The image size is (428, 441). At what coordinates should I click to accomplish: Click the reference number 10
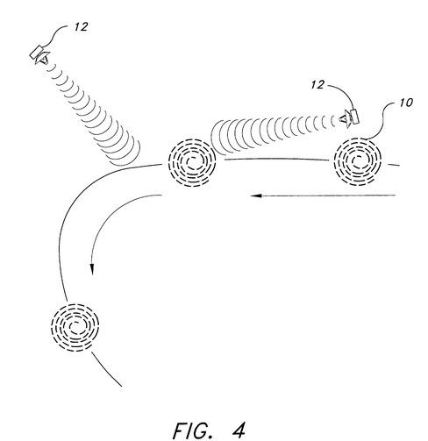coord(406,103)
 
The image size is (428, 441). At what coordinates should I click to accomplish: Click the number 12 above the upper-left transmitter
coord(81,27)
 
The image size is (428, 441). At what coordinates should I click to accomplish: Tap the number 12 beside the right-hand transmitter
coord(317,85)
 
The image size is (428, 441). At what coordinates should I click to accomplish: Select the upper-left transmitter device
coord(39,54)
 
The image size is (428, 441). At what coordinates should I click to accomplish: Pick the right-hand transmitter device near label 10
coord(349,117)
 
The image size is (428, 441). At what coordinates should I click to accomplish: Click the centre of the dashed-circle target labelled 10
coord(358,161)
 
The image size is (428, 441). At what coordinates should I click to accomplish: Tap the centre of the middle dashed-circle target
coord(192,163)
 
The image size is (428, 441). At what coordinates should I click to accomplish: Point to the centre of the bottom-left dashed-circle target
coord(75,327)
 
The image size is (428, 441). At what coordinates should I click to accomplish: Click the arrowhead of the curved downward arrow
coord(92,269)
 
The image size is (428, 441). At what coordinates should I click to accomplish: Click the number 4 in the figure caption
coord(239,430)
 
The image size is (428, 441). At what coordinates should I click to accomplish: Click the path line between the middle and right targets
coord(276,159)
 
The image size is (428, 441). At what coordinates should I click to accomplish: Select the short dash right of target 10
coord(394,165)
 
